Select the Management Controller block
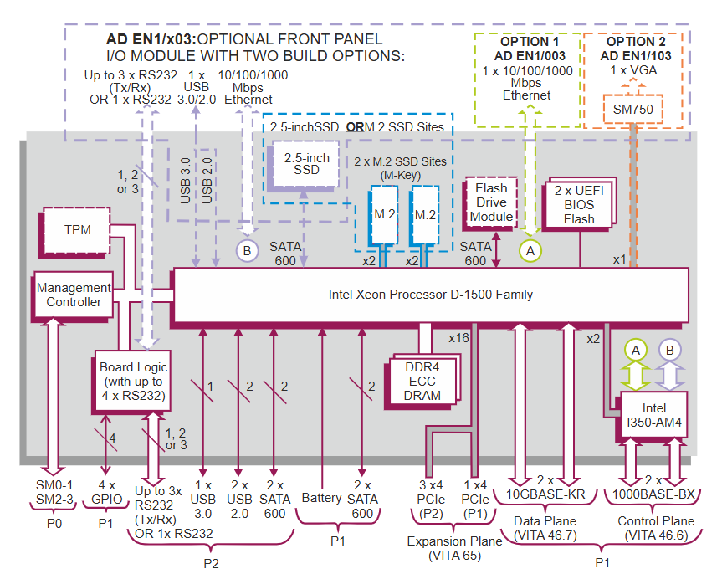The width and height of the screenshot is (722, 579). pyautogui.click(x=74, y=295)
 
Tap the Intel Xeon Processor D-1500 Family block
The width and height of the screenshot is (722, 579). pyautogui.click(x=430, y=295)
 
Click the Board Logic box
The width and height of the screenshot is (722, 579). pyautogui.click(x=133, y=380)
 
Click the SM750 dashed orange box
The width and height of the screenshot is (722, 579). pyautogui.click(x=632, y=110)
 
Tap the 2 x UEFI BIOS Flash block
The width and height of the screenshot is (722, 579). pyautogui.click(x=579, y=205)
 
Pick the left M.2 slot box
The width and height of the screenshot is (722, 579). pyautogui.click(x=385, y=214)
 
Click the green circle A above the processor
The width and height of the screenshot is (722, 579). pyautogui.click(x=528, y=249)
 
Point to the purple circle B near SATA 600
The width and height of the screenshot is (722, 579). pyautogui.click(x=247, y=250)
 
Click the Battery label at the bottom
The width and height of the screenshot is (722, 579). pyautogui.click(x=321, y=498)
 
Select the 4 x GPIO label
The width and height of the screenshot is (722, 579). pyautogui.click(x=106, y=492)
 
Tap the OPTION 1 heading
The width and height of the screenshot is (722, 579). pyautogui.click(x=529, y=42)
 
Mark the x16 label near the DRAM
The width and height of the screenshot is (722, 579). pyautogui.click(x=458, y=338)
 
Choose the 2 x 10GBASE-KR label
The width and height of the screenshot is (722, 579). pyautogui.click(x=545, y=487)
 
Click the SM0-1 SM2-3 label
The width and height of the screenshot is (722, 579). pyautogui.click(x=52, y=492)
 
